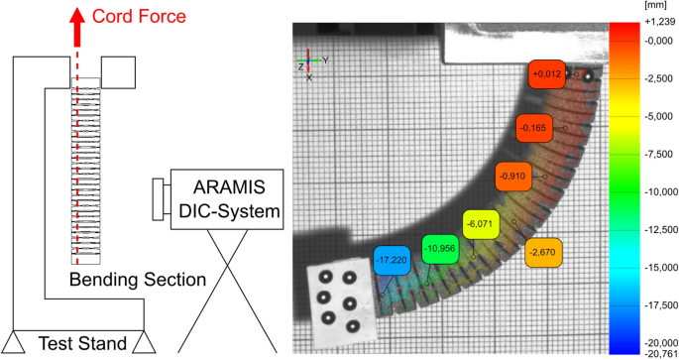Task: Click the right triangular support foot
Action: point(145,342)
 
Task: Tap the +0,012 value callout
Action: point(548,73)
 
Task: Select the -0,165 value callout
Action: point(533,128)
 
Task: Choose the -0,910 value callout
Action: point(513,176)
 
